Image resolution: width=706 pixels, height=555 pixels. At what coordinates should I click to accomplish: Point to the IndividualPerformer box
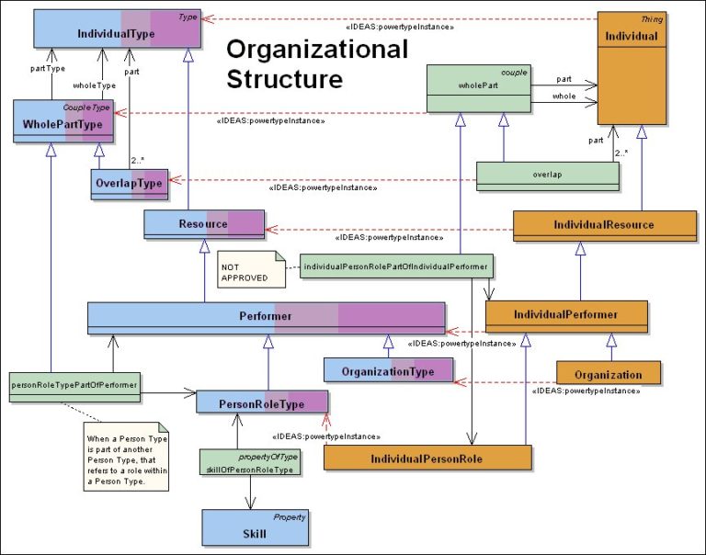tap(566, 315)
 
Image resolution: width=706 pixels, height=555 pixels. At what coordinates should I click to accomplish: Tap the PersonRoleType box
tap(262, 402)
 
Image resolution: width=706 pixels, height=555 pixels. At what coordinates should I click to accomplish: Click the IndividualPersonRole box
tap(427, 458)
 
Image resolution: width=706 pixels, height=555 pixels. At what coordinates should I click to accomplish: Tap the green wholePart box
tap(478, 89)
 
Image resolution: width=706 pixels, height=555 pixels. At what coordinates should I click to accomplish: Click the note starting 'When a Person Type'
tap(125, 456)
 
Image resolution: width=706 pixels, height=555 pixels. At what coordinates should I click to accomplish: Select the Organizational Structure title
tap(316, 63)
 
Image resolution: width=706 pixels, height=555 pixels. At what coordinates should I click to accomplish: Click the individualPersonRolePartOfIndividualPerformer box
tap(395, 266)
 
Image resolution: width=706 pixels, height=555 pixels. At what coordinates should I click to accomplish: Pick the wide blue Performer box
tap(267, 318)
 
